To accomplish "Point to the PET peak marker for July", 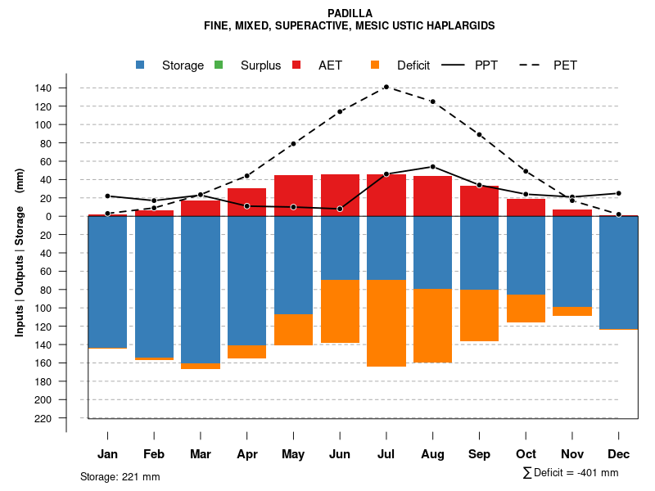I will tap(386, 87).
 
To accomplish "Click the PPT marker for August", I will tap(432, 167).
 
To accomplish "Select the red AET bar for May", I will tap(293, 195).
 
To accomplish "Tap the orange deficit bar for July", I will tap(386, 323).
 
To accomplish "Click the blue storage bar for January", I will tap(107, 282).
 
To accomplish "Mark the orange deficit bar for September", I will tap(479, 315).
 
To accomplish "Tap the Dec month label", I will tap(619, 454).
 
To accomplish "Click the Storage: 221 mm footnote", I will tap(120, 476).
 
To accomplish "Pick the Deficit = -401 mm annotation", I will tap(571, 473).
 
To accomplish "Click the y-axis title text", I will tap(20, 251).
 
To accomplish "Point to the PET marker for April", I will tap(246, 176).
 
